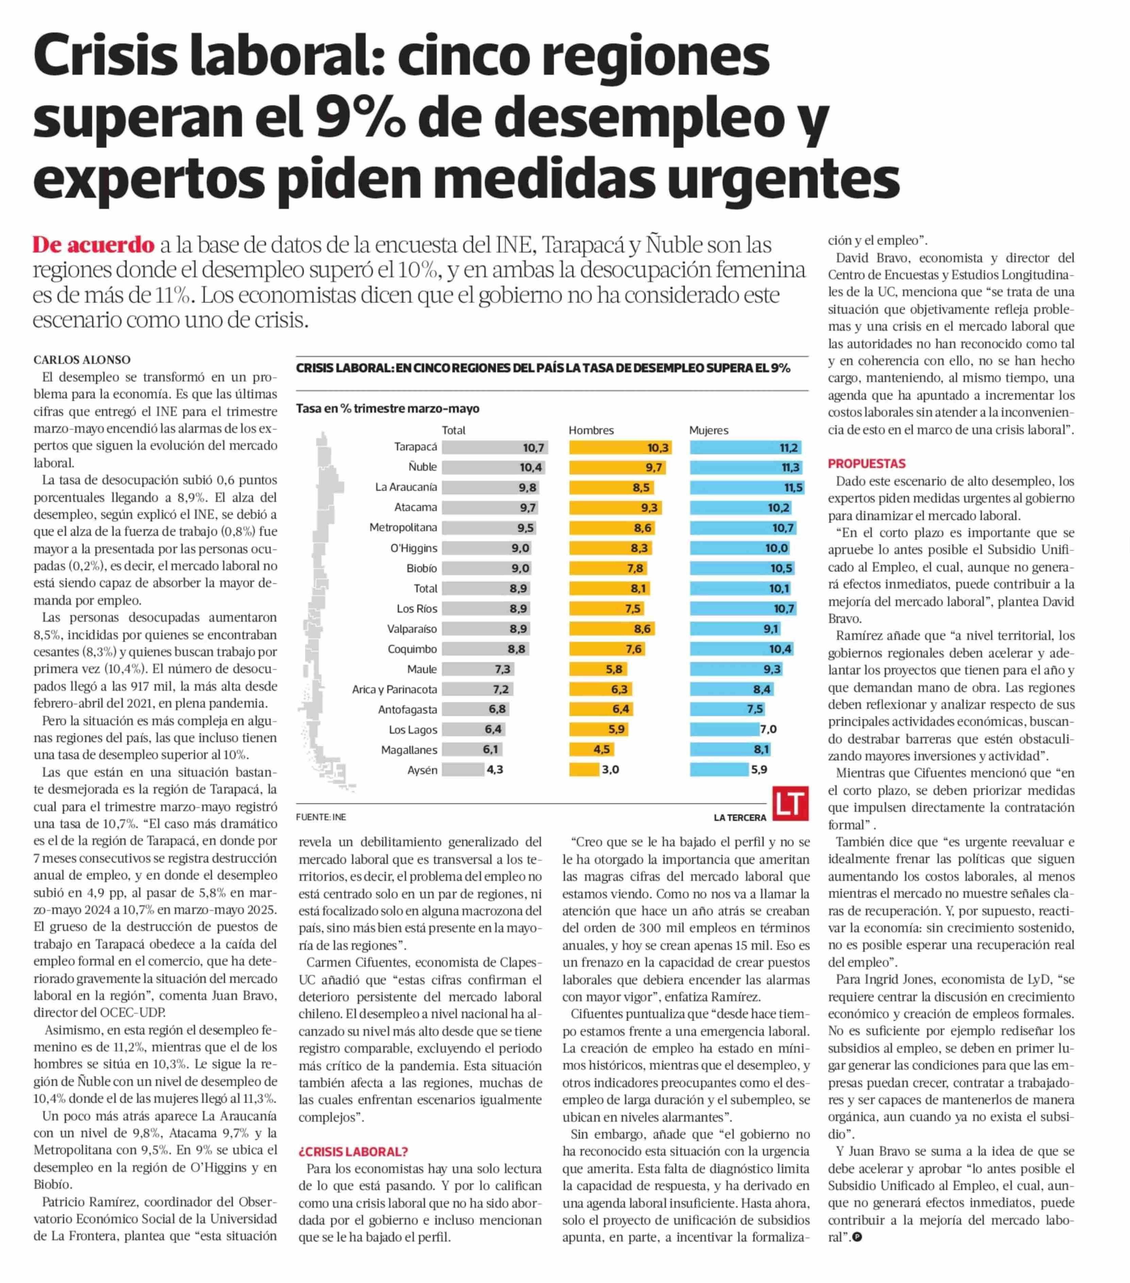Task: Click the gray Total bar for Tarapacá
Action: click(494, 447)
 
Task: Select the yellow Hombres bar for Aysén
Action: click(584, 770)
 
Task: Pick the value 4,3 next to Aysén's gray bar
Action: click(495, 770)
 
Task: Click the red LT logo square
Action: click(790, 804)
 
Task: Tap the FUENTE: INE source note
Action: click(321, 817)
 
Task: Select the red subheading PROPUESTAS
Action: click(866, 464)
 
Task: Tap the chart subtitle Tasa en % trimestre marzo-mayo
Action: click(387, 409)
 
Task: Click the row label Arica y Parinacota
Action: click(394, 689)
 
